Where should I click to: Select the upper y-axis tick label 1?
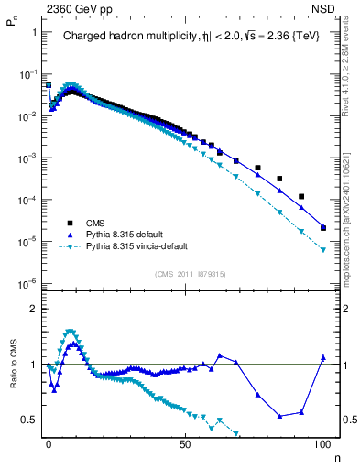pos(34,32)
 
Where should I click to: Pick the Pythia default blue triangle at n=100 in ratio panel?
pos(322,357)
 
